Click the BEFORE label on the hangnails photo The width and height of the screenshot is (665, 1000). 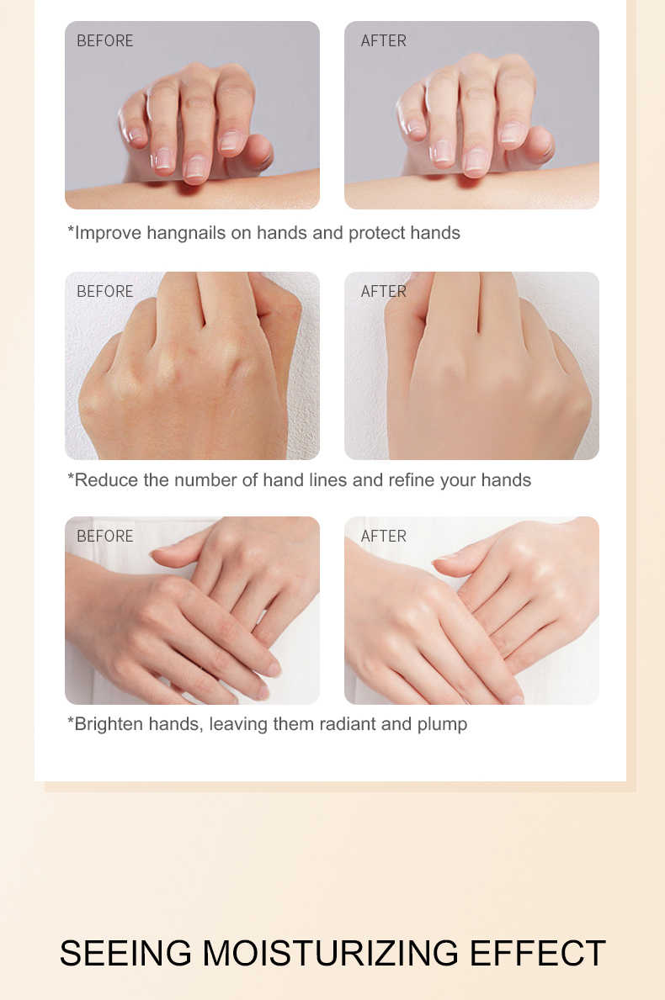pos(104,41)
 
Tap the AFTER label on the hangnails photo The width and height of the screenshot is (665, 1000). pos(384,41)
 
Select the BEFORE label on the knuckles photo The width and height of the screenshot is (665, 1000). pos(104,292)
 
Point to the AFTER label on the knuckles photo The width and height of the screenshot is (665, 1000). pos(384,292)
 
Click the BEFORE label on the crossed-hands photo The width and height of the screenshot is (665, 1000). pos(104,537)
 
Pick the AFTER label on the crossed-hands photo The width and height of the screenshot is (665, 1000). pos(384,537)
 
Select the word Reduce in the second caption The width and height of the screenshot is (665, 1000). pos(107,480)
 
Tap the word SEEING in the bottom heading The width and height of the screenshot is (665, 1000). pos(125,954)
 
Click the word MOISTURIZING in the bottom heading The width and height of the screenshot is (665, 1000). pos(331,954)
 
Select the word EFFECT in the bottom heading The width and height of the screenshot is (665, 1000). pos(537,954)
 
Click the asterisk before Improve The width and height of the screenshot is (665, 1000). pos(71,229)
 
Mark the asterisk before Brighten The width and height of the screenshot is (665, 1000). pos(71,721)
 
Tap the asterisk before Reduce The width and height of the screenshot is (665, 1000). pos(71,476)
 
